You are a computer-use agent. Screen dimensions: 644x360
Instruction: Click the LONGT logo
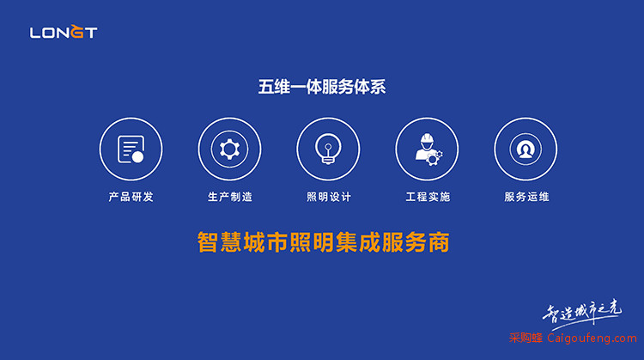[64, 31]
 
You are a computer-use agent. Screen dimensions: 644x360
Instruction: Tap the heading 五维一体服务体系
[322, 87]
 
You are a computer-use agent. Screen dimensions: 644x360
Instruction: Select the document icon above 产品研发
[131, 149]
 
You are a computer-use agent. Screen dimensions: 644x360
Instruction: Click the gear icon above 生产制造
[229, 149]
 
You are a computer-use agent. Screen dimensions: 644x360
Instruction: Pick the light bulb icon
[328, 149]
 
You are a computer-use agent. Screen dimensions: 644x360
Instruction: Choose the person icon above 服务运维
[526, 149]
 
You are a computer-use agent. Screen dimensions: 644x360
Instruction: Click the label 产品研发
[131, 197]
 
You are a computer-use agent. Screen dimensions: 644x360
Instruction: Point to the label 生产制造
[230, 197]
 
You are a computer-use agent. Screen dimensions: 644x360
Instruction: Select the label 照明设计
[329, 197]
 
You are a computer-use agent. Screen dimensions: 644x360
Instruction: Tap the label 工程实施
[428, 197]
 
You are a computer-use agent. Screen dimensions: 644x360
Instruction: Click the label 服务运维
[526, 197]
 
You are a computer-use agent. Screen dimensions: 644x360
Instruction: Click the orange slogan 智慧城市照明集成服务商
[323, 242]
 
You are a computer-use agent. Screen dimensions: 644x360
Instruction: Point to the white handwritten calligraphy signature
[582, 313]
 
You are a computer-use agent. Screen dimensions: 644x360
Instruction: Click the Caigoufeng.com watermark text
[592, 339]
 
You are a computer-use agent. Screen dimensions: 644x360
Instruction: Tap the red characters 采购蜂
[526, 339]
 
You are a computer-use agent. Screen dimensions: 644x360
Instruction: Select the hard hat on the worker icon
[427, 137]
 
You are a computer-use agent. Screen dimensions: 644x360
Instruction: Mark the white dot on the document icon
[137, 157]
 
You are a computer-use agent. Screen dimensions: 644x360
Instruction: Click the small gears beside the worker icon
[434, 157]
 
